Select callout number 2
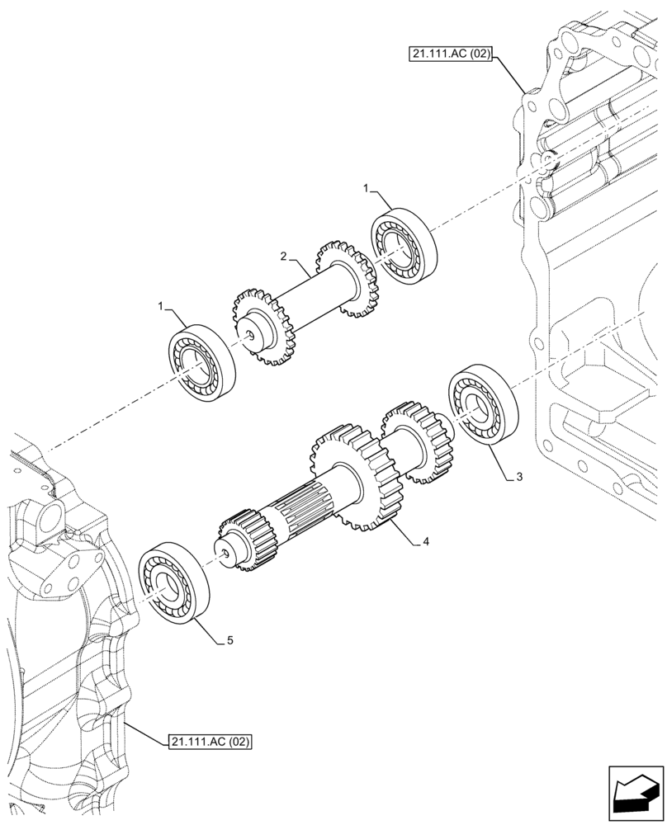(x=283, y=257)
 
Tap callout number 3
(x=518, y=477)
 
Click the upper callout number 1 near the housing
(x=366, y=189)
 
